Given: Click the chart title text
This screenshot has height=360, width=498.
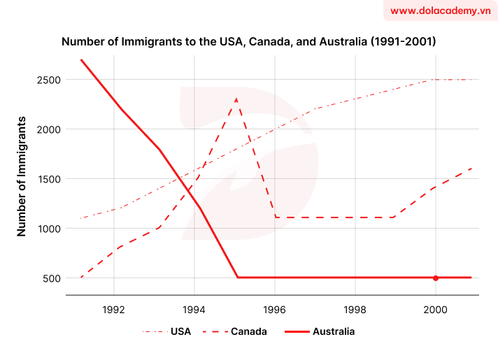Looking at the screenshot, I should (x=249, y=42).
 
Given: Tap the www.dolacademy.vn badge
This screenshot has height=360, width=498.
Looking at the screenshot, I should (x=440, y=11).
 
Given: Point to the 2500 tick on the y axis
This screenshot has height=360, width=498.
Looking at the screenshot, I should (x=48, y=80).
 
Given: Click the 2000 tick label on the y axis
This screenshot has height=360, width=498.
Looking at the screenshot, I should (x=48, y=129).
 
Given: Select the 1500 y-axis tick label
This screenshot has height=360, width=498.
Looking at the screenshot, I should (x=48, y=179).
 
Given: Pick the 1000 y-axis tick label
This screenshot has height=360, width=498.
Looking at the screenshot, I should (x=48, y=229).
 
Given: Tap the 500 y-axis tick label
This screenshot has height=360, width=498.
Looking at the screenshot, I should (x=50, y=278).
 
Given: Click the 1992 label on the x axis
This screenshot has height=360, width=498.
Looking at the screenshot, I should (x=113, y=308).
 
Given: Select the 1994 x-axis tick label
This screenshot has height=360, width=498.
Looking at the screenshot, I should (x=194, y=308).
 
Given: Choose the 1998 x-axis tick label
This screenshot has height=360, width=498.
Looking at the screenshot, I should (x=355, y=308).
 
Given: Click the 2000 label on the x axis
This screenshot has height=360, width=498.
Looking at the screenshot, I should (x=436, y=308).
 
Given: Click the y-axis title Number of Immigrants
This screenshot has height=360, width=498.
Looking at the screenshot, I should (x=22, y=176).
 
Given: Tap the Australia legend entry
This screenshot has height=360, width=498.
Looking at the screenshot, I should (x=321, y=331).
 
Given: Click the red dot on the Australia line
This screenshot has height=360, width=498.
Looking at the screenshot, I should (x=436, y=278).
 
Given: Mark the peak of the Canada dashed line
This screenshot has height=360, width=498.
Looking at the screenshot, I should (x=236, y=99).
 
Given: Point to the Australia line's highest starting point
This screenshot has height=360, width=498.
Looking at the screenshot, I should (x=82, y=59).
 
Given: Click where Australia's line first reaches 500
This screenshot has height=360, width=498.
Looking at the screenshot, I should (x=238, y=278).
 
